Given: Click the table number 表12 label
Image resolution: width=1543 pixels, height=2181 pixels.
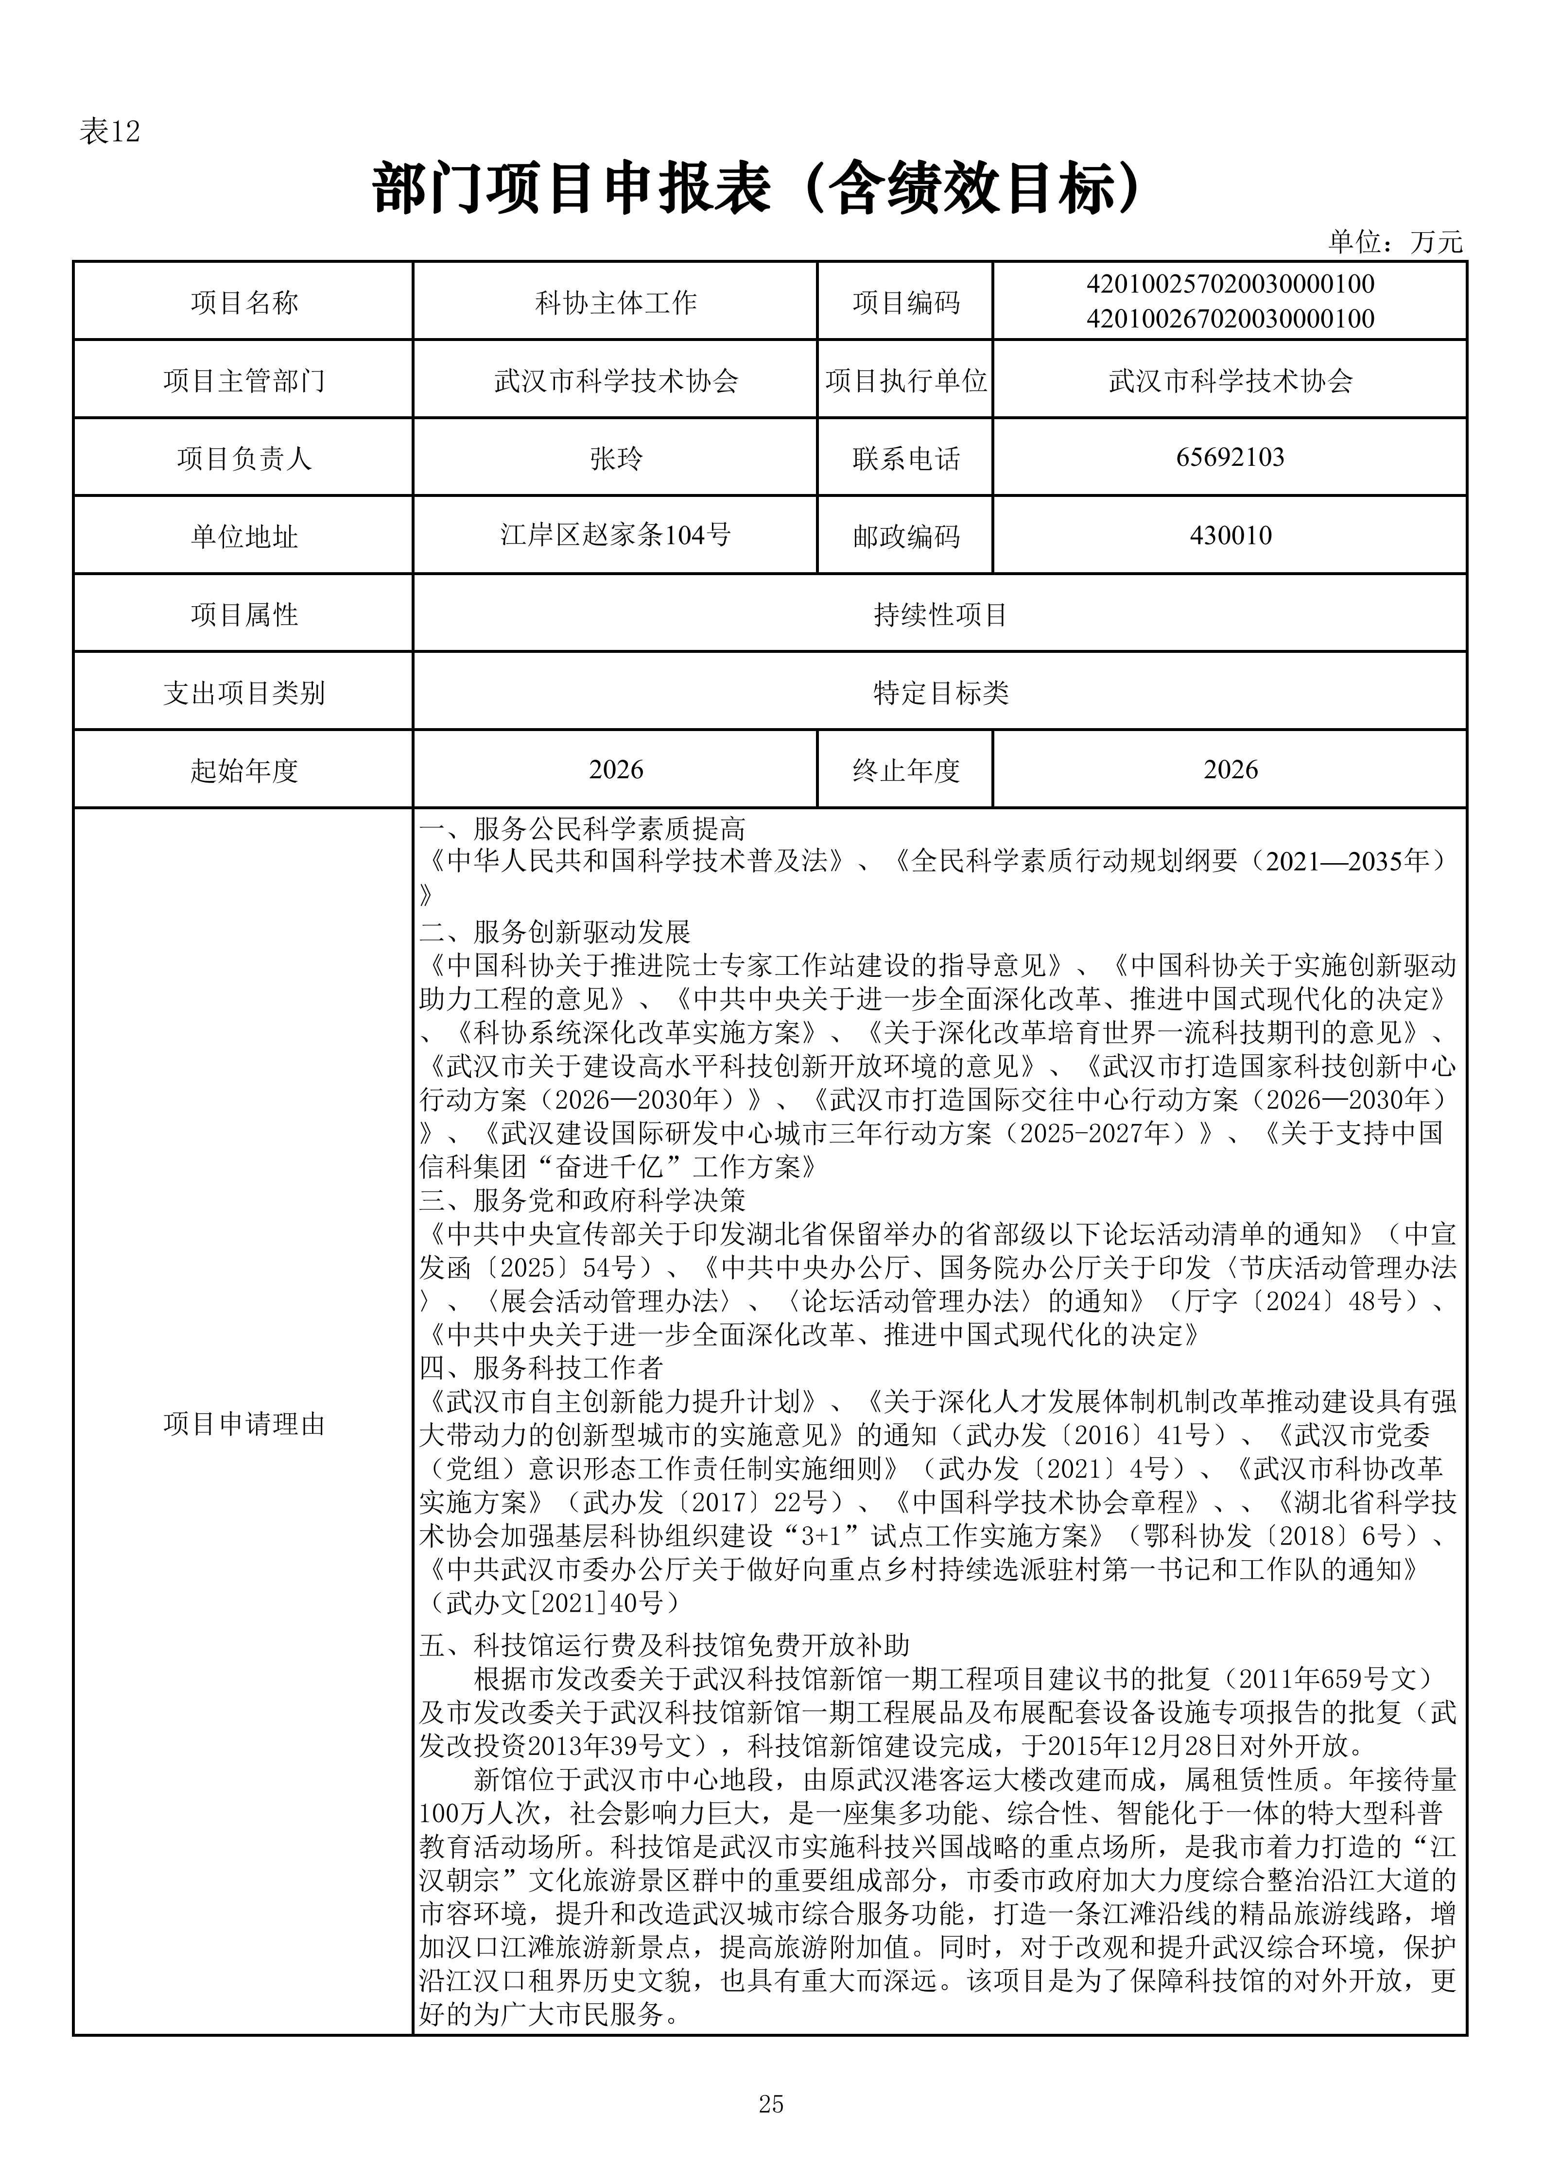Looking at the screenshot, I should pyautogui.click(x=109, y=132).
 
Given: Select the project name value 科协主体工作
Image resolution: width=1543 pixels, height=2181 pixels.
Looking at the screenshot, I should pyautogui.click(x=616, y=303).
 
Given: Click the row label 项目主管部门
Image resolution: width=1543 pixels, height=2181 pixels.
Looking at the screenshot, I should pyautogui.click(x=244, y=381).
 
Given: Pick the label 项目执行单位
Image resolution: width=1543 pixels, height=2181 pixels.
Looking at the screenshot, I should pyautogui.click(x=905, y=381).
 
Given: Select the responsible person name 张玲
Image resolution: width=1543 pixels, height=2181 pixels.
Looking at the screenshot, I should pyautogui.click(x=616, y=459).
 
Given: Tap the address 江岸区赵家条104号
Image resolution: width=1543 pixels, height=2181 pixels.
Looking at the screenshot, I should pyautogui.click(x=616, y=536).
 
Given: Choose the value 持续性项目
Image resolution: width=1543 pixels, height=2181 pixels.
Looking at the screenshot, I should pyautogui.click(x=940, y=614).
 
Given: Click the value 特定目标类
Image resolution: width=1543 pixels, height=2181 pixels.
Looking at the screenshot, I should pyautogui.click(x=940, y=693).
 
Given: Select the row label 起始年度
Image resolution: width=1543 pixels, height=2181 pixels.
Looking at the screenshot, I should pyautogui.click(x=244, y=770).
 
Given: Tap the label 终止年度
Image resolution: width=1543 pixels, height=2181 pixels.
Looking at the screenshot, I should pyautogui.click(x=905, y=770).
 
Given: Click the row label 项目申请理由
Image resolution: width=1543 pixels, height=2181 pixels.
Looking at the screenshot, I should pyautogui.click(x=244, y=1424).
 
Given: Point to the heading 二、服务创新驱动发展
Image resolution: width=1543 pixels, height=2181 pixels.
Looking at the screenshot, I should pyautogui.click(x=555, y=932).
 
